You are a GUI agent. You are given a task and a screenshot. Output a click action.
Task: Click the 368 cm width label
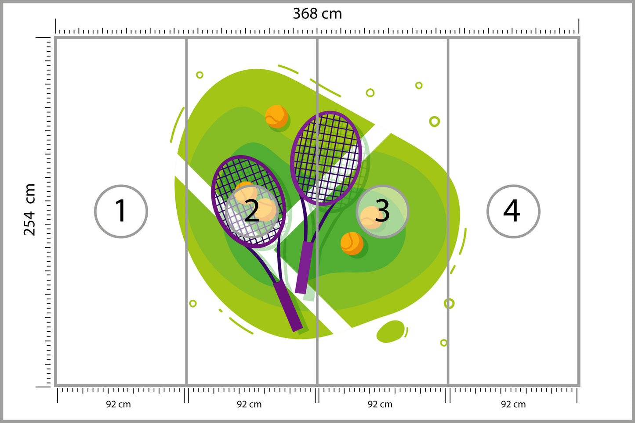click(x=317, y=14)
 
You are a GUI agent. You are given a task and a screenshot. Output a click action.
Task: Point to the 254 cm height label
click(x=29, y=209)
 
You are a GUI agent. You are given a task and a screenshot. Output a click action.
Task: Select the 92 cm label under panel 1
click(x=119, y=404)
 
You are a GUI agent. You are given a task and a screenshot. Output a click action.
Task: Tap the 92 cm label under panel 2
click(x=249, y=404)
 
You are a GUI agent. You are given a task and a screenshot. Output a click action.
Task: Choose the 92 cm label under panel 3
click(x=380, y=404)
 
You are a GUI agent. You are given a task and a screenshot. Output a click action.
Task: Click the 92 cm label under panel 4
click(x=513, y=404)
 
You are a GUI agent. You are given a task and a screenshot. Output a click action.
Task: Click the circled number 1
click(x=121, y=211)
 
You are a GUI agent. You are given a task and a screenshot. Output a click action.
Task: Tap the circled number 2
click(x=252, y=211)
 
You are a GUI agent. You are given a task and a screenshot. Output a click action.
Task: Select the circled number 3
click(x=382, y=211)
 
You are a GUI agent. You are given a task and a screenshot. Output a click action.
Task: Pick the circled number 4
click(x=513, y=211)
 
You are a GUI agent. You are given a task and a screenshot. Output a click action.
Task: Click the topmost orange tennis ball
click(x=276, y=116)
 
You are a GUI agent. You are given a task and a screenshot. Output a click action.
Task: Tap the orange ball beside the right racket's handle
click(x=352, y=244)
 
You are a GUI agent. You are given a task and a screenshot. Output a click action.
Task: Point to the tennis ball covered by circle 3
click(x=371, y=218)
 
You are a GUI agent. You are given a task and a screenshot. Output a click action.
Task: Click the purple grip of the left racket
click(x=288, y=306)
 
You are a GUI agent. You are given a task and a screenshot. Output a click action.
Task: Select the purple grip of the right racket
click(x=304, y=267)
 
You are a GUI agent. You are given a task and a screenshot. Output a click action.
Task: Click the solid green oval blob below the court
click(x=390, y=331)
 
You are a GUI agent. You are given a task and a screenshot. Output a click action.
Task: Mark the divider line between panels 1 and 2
click(x=186, y=211)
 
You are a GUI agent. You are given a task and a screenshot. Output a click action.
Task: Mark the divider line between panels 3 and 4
click(x=448, y=211)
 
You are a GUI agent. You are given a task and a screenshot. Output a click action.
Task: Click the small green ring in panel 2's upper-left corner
click(x=200, y=75)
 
